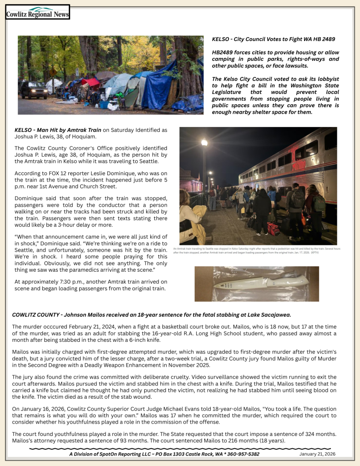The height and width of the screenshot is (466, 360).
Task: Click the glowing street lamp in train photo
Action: click(x=204, y=142)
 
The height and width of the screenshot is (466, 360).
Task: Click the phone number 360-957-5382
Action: click(x=242, y=454)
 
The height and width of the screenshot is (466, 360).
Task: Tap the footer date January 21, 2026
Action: click(x=317, y=454)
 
